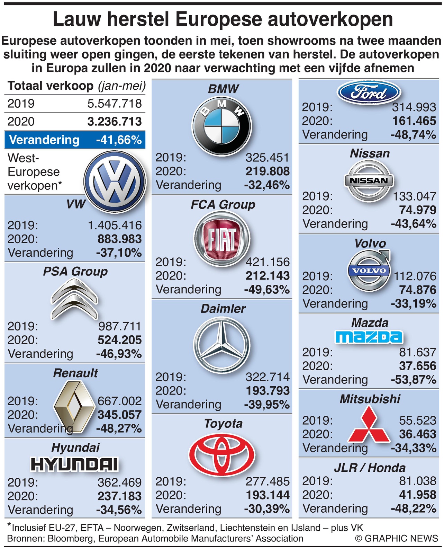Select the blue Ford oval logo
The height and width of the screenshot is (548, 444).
coord(369,92)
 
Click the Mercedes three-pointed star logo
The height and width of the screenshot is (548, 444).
coord(221,345)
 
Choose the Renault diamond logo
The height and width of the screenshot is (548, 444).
coord(74,407)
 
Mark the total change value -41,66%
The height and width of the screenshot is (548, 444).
coord(119,140)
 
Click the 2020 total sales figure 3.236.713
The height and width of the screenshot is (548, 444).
coord(115,122)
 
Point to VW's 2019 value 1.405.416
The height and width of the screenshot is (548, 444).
coord(115,225)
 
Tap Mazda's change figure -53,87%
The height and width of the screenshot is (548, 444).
coord(414,380)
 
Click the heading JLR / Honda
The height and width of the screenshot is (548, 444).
coord(370,468)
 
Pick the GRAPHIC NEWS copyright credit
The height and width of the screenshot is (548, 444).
coord(397,538)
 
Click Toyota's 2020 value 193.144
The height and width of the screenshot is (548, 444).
coord(268,495)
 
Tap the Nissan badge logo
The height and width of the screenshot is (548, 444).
coord(369,180)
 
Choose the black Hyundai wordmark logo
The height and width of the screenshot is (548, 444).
coord(74,465)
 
